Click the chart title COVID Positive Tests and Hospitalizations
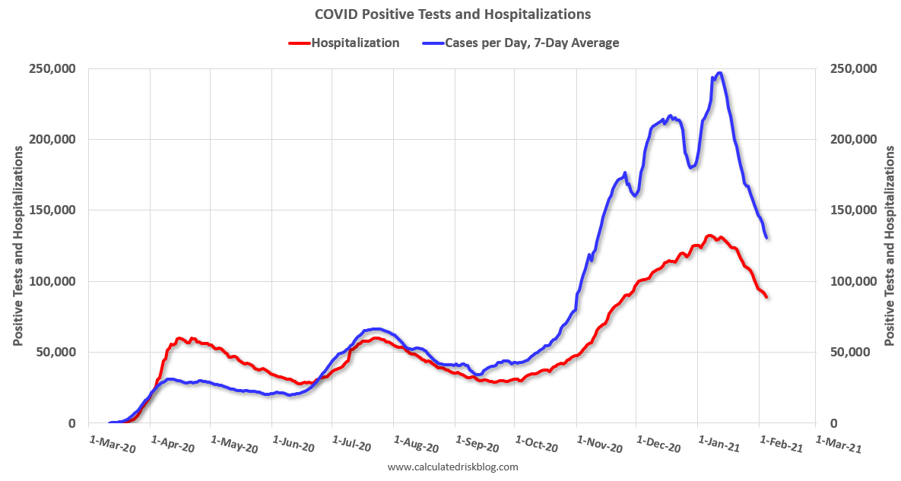[452, 14]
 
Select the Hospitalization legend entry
[355, 43]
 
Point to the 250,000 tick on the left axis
[52, 68]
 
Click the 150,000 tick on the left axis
[52, 210]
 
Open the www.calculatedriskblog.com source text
[452, 467]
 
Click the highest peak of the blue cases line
[719, 74]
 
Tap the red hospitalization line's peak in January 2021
[709, 236]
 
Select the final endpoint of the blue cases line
[766, 238]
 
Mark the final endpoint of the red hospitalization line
[766, 296]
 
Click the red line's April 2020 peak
[180, 339]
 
